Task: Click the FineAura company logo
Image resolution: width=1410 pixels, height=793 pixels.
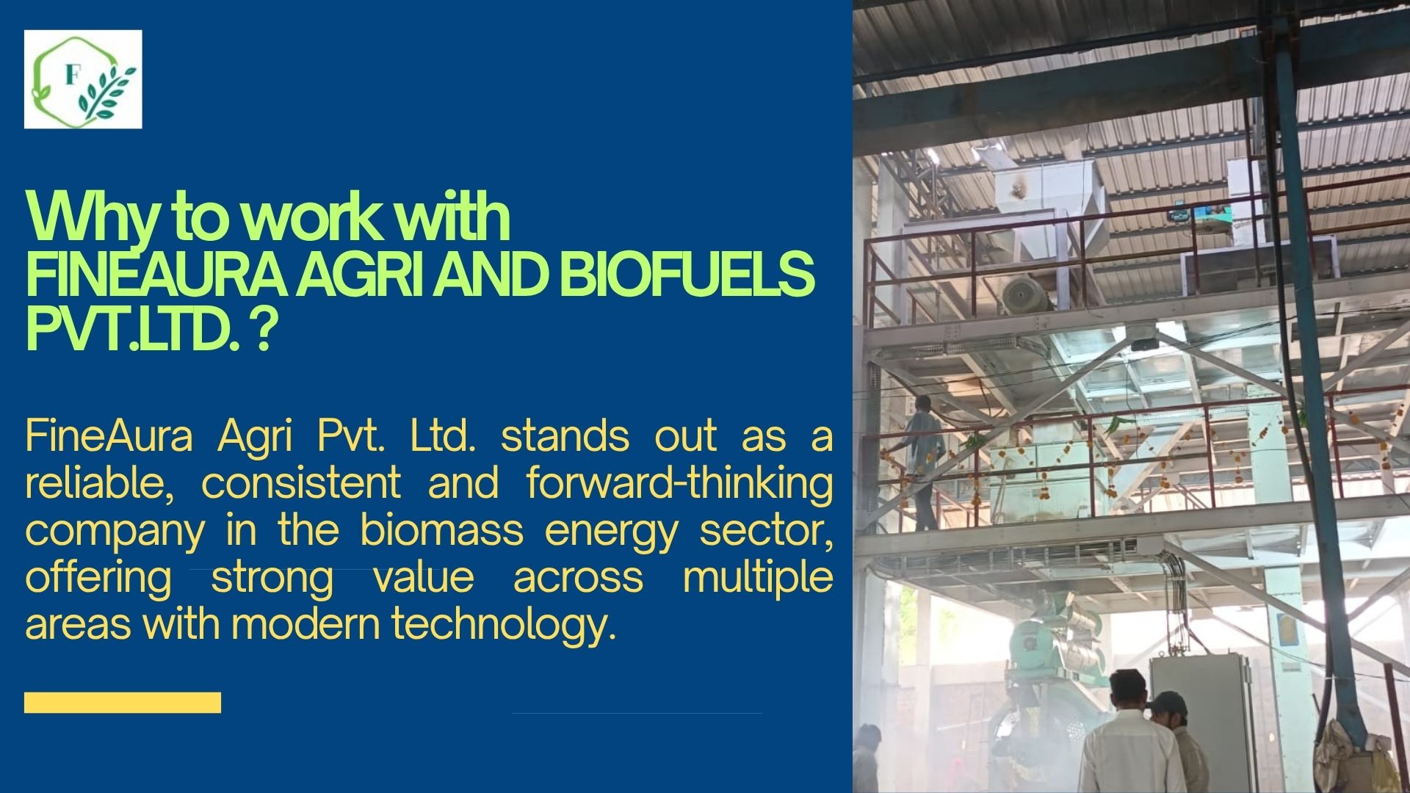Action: (83, 79)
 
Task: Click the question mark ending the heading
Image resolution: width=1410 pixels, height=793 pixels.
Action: (264, 329)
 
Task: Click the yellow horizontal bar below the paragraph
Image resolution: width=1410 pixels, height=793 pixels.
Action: (123, 703)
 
